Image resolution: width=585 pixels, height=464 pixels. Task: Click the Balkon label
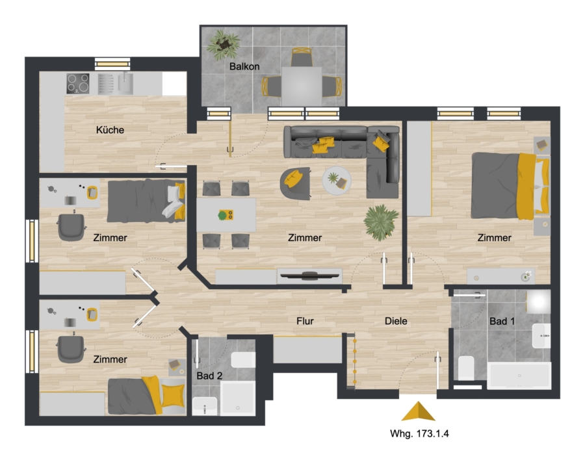(244, 66)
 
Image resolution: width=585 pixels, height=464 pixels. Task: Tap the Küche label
(110, 130)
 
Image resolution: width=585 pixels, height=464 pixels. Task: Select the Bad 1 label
(502, 321)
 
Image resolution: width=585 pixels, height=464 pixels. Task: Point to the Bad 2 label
(209, 376)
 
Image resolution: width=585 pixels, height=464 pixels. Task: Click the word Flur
(305, 321)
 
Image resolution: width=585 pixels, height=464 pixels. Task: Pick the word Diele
(396, 321)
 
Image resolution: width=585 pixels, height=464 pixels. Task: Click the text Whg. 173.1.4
(419, 433)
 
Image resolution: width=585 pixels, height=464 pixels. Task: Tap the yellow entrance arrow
(418, 411)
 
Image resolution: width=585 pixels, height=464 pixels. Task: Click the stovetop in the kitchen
(78, 83)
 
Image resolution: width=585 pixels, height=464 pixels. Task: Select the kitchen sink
(125, 83)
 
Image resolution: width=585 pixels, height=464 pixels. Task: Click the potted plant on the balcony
(223, 45)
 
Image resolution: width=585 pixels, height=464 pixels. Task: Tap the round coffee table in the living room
(337, 180)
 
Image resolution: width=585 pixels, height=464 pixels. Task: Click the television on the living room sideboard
(309, 276)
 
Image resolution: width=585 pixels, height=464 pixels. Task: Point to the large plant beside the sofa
(381, 222)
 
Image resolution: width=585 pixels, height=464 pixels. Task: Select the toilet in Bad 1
(465, 368)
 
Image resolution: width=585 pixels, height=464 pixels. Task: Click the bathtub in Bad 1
(519, 376)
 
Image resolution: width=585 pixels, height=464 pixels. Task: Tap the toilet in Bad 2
(243, 360)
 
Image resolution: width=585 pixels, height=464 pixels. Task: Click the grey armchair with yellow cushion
(296, 183)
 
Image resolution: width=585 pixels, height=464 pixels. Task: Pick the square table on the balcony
(302, 86)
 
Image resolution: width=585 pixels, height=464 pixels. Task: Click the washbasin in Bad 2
(205, 406)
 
